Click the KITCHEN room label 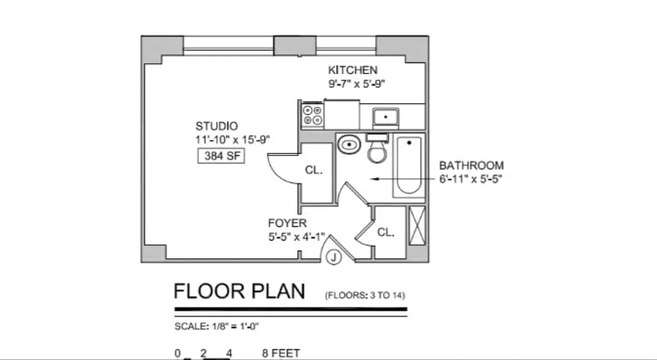[353, 70]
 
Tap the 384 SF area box [221, 156]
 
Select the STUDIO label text [217, 126]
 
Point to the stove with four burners [313, 114]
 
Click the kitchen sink [385, 117]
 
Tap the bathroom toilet [377, 149]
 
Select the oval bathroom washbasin [349, 145]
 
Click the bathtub [409, 165]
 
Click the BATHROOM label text [471, 166]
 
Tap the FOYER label [287, 223]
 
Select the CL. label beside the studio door [313, 170]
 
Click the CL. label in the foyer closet [386, 232]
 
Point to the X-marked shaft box [417, 225]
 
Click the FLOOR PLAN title [239, 291]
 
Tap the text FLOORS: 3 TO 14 [365, 296]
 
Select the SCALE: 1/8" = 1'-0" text [217, 327]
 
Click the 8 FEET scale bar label [281, 353]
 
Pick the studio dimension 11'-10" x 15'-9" [232, 140]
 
